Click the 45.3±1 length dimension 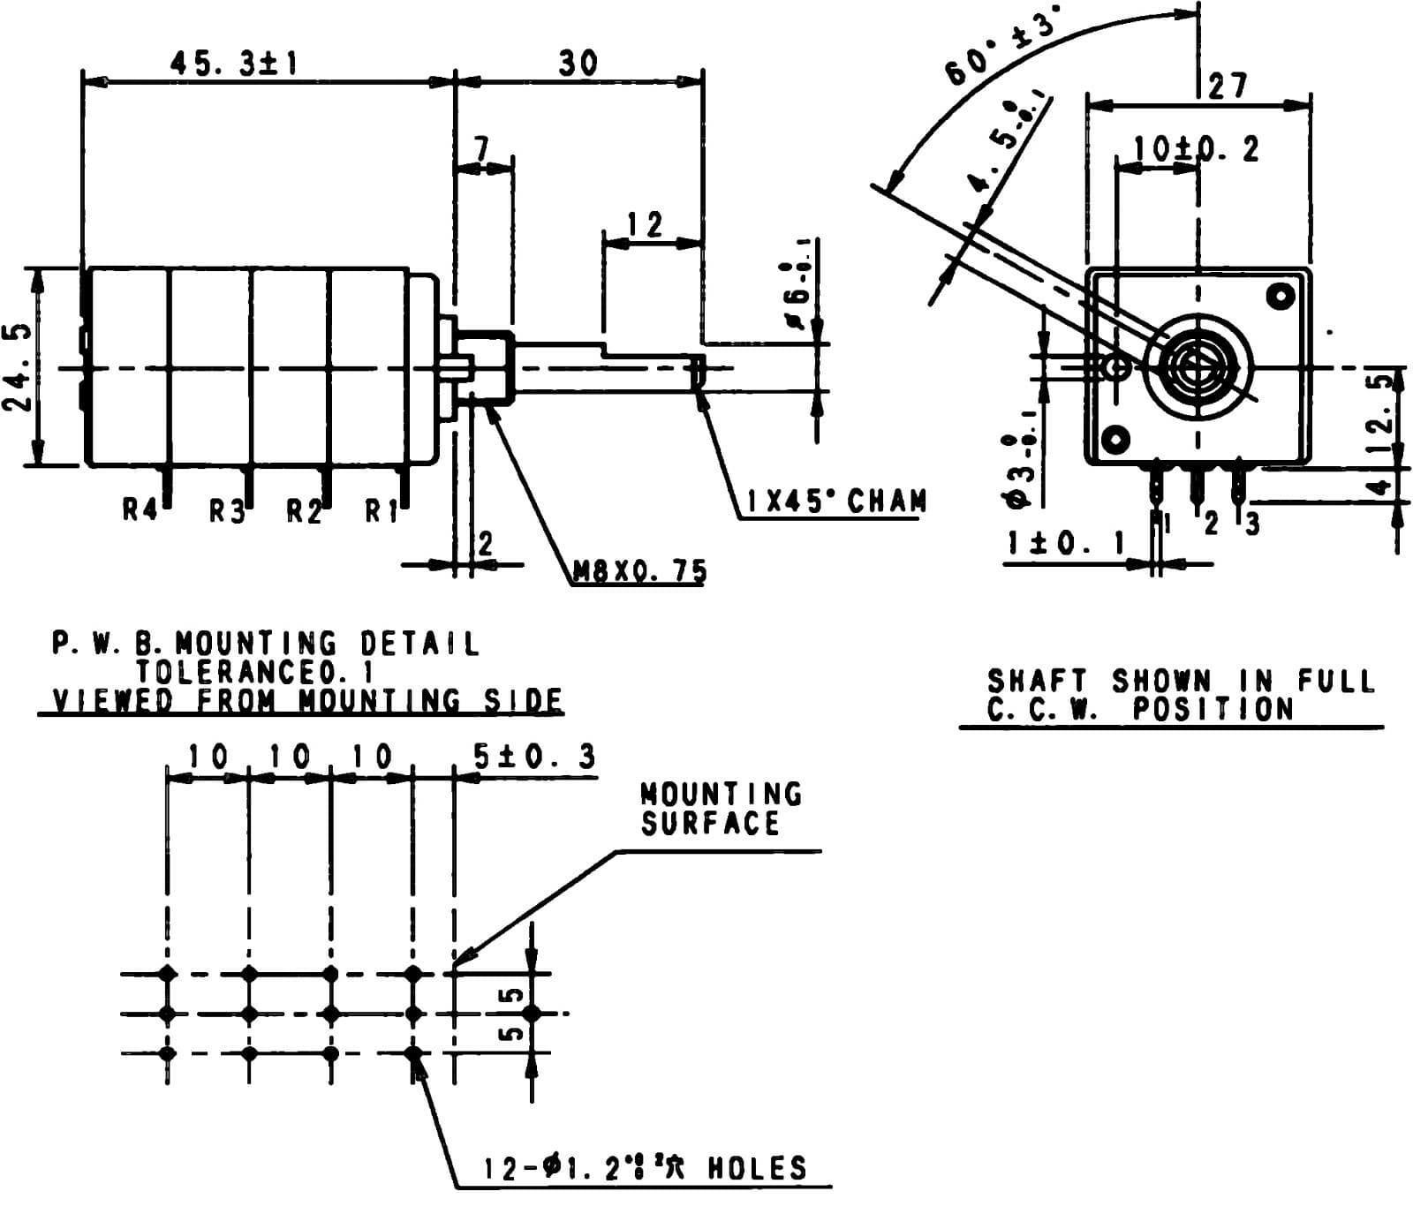click(x=234, y=64)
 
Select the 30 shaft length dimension click(x=578, y=64)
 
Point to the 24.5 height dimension click(x=19, y=366)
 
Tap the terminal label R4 click(x=140, y=509)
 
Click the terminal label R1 click(x=382, y=510)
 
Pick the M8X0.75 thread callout click(x=639, y=572)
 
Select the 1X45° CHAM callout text click(x=835, y=501)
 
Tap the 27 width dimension click(x=1228, y=86)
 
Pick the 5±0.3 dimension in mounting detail click(x=534, y=757)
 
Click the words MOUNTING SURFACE click(x=720, y=808)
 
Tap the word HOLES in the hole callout click(x=758, y=1168)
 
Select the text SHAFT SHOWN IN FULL click(x=1180, y=681)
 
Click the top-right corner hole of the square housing click(x=1280, y=296)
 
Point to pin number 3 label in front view click(x=1252, y=524)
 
